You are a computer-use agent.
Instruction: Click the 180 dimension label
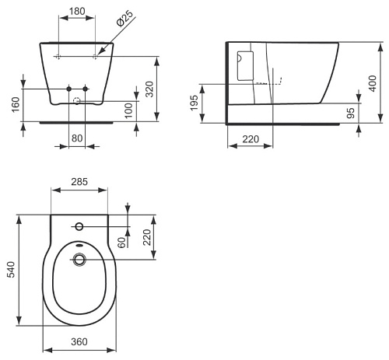click(77, 11)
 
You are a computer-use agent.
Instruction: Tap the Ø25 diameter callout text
click(124, 18)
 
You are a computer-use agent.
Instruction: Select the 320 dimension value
click(149, 89)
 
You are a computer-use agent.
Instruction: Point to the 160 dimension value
click(16, 104)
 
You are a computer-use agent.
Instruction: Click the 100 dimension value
click(128, 110)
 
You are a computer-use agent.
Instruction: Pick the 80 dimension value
click(77, 138)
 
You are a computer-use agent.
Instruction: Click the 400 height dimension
click(373, 83)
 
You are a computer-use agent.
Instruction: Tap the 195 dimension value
click(194, 103)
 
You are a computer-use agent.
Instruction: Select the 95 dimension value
click(351, 113)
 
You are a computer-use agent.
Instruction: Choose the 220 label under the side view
click(251, 139)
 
